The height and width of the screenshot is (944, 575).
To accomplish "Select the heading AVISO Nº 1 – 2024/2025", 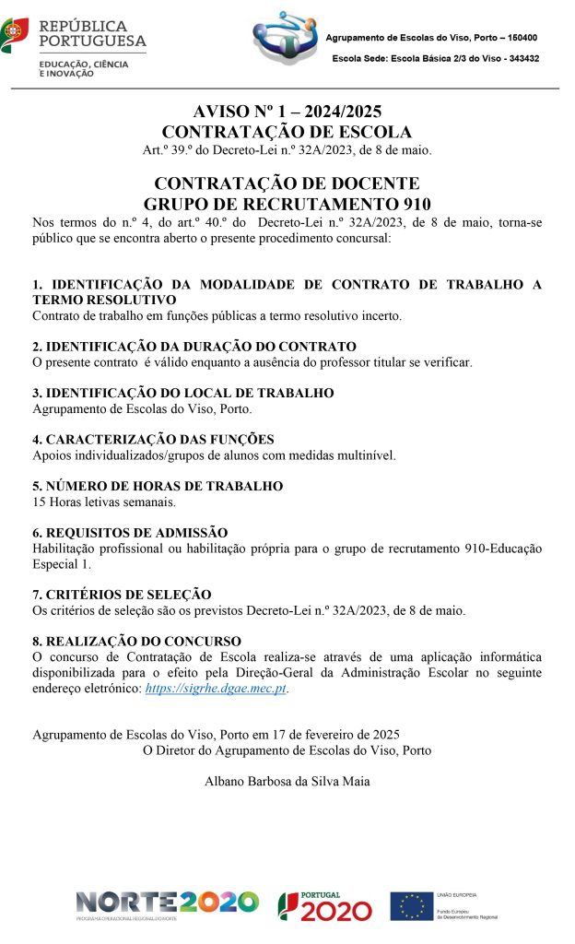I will tap(286, 112).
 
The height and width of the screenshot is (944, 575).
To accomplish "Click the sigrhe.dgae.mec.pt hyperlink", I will tap(217, 688).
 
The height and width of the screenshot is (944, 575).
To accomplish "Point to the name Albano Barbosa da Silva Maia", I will tap(286, 783).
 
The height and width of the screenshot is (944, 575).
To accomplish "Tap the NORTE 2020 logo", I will tap(167, 903).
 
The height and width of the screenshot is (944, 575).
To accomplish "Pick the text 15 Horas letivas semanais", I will tap(104, 502).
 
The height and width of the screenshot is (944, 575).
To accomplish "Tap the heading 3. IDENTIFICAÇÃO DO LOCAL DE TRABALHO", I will tap(182, 393).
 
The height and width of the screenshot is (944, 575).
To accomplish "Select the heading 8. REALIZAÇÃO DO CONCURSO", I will tap(136, 641).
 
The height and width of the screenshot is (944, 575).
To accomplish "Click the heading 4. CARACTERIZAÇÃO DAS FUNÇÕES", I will tap(153, 439).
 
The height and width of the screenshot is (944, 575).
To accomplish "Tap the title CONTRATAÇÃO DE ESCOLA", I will tap(286, 132).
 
